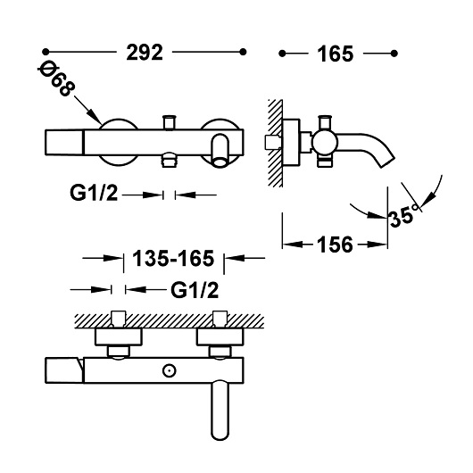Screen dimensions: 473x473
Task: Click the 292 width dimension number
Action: pyautogui.click(x=145, y=53)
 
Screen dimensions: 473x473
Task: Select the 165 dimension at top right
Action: pyautogui.click(x=336, y=54)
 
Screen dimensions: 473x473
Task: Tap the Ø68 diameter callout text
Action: pyautogui.click(x=56, y=79)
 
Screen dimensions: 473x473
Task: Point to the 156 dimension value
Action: pyautogui.click(x=335, y=245)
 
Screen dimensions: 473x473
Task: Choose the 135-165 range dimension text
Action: pyautogui.click(x=173, y=259)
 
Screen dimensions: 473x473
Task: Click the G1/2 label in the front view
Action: pyautogui.click(x=94, y=193)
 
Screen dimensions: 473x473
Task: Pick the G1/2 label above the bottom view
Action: pyautogui.click(x=195, y=290)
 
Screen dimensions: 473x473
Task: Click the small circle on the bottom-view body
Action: pyautogui.click(x=169, y=370)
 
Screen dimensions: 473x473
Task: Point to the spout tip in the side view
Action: pyautogui.click(x=388, y=162)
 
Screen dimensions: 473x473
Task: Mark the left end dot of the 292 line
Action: pyautogui.click(x=46, y=52)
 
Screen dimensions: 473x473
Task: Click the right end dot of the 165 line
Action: pyautogui.click(x=394, y=54)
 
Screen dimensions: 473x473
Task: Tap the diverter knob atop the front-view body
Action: pyautogui.click(x=170, y=122)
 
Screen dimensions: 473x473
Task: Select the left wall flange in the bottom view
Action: pyautogui.click(x=118, y=336)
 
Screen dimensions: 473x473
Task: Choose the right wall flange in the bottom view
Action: pyautogui.click(x=220, y=336)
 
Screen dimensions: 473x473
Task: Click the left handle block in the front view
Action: pyautogui.click(x=64, y=143)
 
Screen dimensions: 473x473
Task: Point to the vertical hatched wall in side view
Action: pyautogui.click(x=276, y=143)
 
